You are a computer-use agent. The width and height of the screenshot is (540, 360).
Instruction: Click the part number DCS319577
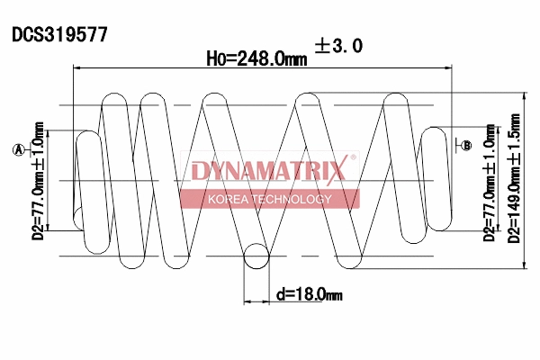[x=59, y=35]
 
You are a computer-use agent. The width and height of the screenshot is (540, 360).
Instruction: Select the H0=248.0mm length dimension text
[x=256, y=58]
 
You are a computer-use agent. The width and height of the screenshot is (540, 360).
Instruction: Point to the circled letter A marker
[x=17, y=150]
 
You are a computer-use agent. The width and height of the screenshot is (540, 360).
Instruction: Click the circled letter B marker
[x=466, y=145]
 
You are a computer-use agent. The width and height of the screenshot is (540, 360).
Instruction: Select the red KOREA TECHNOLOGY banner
[x=269, y=199]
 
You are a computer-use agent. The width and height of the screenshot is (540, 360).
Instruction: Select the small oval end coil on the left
[x=88, y=180]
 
